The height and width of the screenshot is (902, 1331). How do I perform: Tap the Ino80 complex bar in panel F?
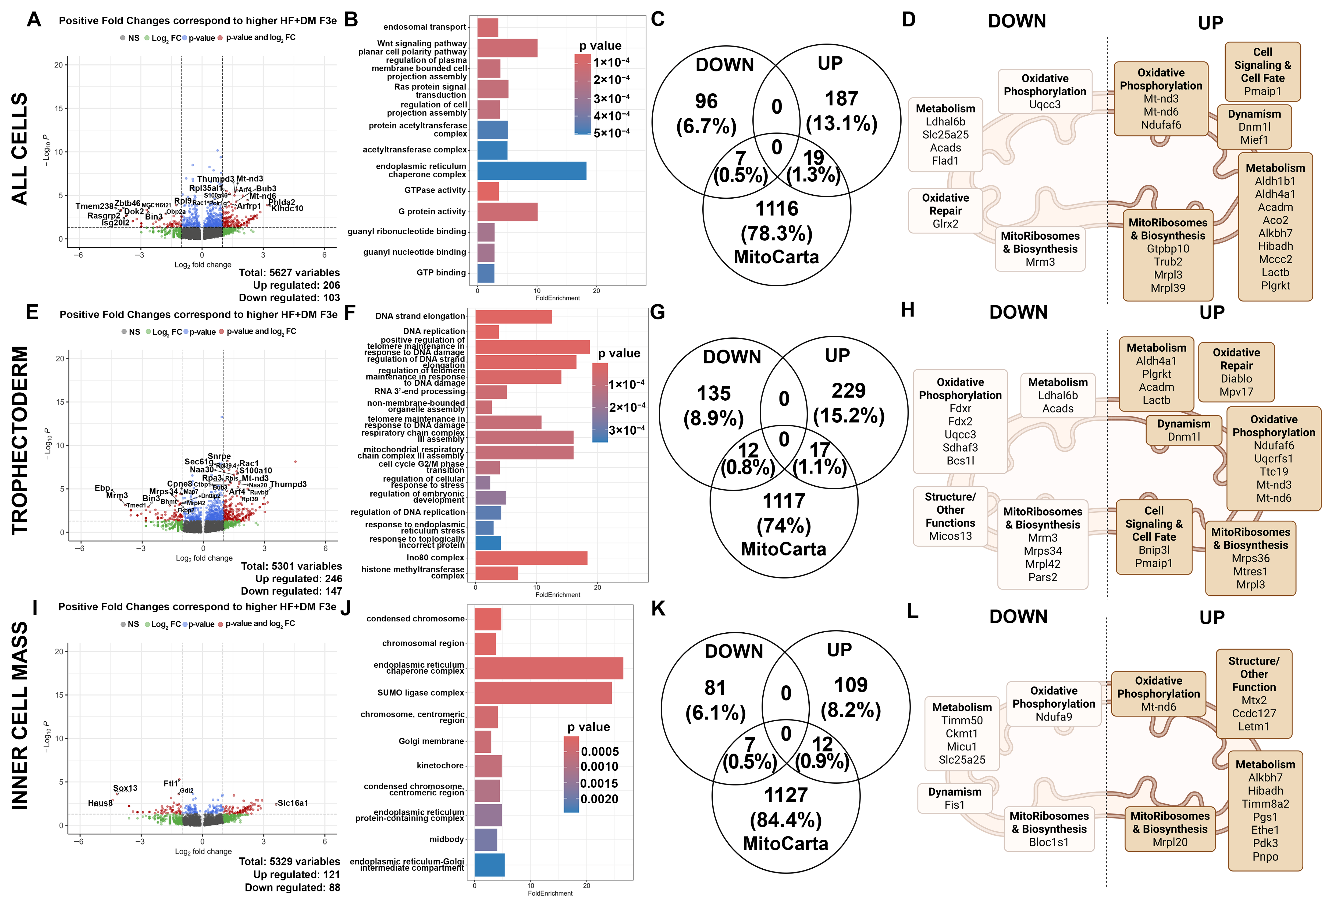click(x=531, y=558)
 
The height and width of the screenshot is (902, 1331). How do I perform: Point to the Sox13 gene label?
click(x=125, y=788)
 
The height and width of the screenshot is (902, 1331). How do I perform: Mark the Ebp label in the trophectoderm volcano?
click(x=102, y=488)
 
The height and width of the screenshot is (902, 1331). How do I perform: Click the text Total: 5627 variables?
click(x=289, y=273)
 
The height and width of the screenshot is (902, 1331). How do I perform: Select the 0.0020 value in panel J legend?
click(x=599, y=799)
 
